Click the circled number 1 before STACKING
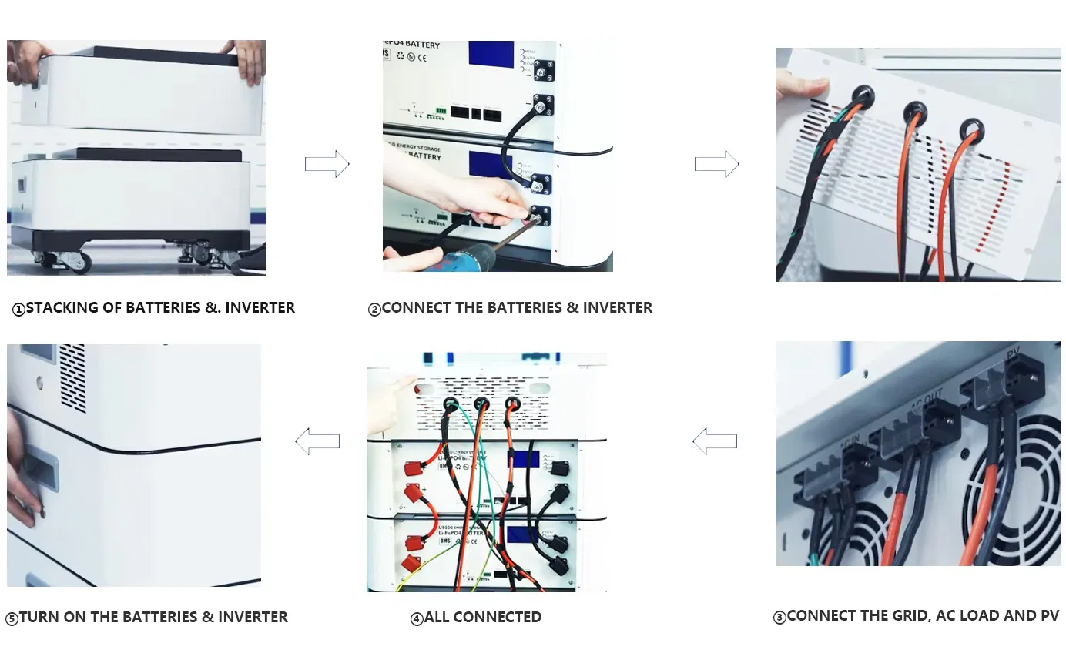(18, 310)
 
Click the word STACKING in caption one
(64, 307)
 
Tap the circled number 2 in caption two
(374, 310)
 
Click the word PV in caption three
(1049, 615)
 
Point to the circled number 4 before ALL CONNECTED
(417, 618)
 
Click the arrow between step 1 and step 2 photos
(327, 164)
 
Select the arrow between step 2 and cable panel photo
(716, 164)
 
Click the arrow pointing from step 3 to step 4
(715, 441)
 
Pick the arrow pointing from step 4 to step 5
(317, 441)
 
